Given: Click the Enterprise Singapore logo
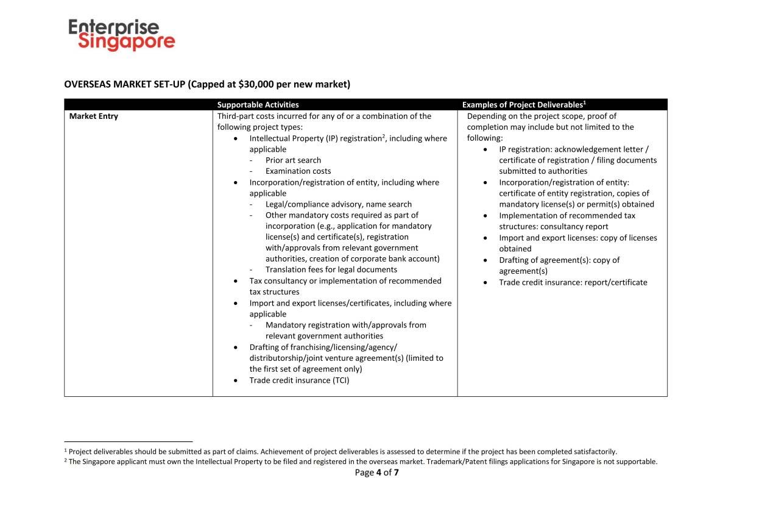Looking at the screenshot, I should point(121,34).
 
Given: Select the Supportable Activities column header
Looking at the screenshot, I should point(258,105).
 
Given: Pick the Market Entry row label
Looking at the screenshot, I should point(93,116).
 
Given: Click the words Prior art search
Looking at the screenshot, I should point(293,160).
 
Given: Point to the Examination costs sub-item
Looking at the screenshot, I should point(298,171).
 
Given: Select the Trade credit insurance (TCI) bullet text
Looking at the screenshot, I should point(299,380).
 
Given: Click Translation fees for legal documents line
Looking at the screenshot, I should point(331,269).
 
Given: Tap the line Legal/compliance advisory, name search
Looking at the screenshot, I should point(338,204).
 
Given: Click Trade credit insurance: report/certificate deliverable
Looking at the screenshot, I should point(573,282).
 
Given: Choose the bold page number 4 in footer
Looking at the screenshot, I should point(379,472).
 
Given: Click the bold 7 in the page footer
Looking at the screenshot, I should point(396,472).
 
